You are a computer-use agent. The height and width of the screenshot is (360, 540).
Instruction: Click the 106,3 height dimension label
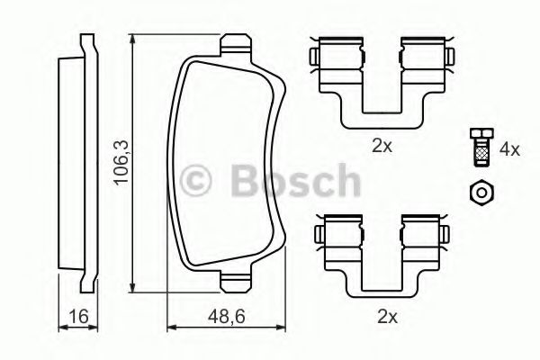[x=118, y=162]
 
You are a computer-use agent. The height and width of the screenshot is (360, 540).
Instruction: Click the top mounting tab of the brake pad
[x=234, y=44]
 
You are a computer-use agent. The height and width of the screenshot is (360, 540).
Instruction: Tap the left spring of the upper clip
[x=328, y=58]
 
